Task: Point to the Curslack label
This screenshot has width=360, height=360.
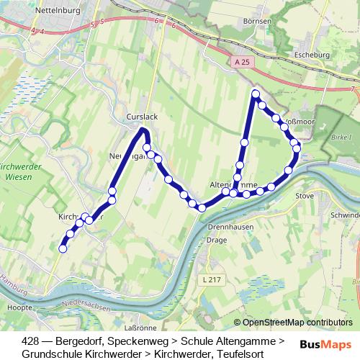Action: tap(141, 116)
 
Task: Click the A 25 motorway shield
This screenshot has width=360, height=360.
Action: tap(243, 63)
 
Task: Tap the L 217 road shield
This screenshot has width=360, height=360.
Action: tap(212, 279)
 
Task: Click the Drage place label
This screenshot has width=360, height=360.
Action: tap(217, 240)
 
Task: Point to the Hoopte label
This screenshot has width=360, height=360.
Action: tap(15, 307)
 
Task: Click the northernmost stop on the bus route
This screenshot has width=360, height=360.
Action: tap(255, 94)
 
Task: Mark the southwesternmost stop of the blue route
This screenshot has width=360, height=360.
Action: tap(63, 249)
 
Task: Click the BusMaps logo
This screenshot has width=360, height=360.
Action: tap(325, 344)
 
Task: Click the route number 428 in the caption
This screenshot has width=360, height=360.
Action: tap(31, 341)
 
